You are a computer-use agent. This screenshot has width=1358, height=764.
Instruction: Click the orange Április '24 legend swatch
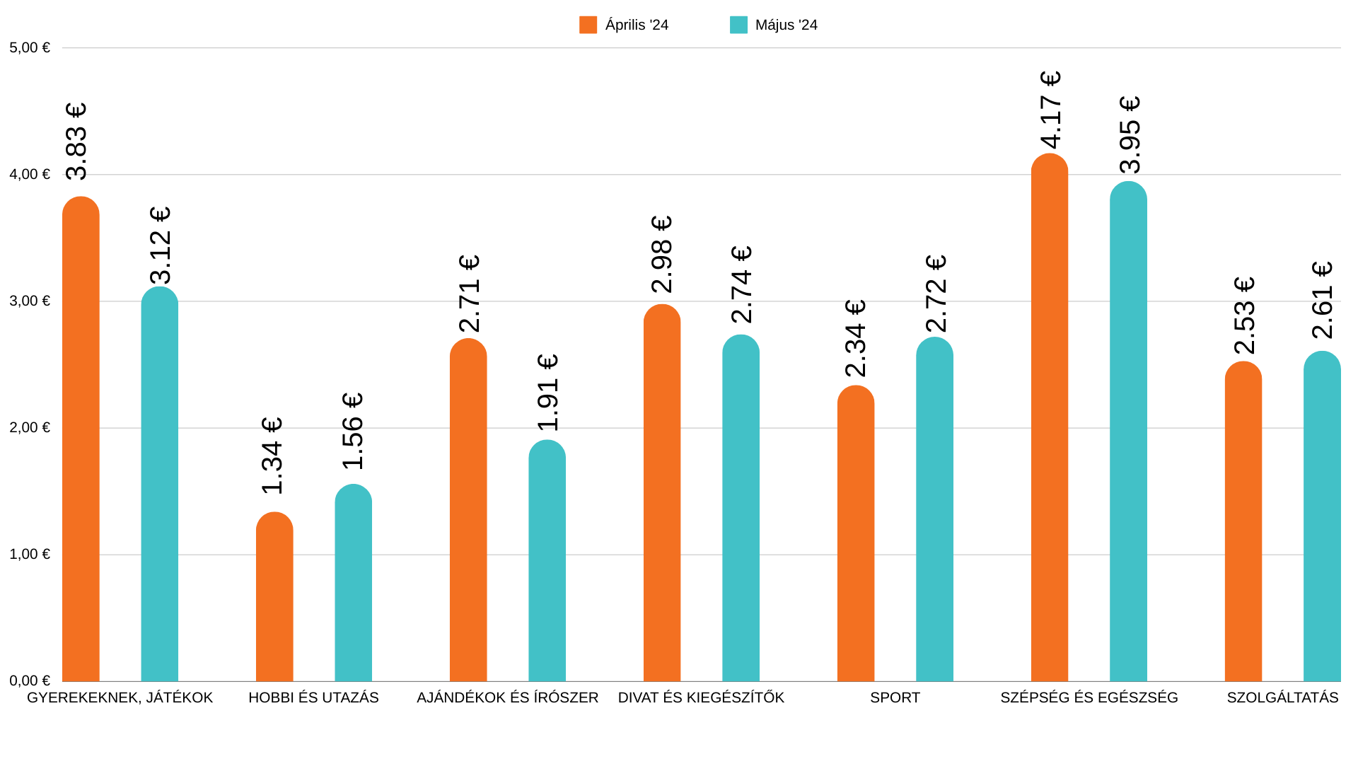click(x=588, y=25)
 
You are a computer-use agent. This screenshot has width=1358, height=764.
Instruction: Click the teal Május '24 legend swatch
click(x=738, y=25)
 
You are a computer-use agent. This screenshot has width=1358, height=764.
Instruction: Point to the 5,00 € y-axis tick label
click(x=30, y=47)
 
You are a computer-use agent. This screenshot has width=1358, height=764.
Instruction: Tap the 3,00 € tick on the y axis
click(x=30, y=301)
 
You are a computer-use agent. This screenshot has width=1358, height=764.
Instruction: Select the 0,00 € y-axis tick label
click(x=30, y=681)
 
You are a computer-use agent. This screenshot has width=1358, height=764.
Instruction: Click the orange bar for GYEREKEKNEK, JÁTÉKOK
click(x=81, y=439)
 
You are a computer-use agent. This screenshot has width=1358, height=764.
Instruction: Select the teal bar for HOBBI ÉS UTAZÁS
click(x=353, y=584)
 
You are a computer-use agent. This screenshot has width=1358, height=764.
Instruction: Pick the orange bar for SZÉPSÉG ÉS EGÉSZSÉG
click(x=1049, y=417)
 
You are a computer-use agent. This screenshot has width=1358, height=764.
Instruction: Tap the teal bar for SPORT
click(x=934, y=509)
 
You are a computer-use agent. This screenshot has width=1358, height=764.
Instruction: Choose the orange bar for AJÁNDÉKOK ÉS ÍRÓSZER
click(x=468, y=509)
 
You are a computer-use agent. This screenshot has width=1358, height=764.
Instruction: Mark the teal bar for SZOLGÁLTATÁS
click(x=1322, y=516)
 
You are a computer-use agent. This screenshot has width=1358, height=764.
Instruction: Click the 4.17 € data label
click(x=1051, y=110)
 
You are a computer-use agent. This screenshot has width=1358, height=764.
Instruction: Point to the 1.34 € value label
click(x=272, y=456)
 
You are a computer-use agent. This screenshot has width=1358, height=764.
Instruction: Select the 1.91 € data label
click(x=548, y=393)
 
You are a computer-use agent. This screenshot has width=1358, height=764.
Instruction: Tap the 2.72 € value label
click(x=936, y=294)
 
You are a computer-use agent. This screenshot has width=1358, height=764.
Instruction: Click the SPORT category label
click(x=895, y=698)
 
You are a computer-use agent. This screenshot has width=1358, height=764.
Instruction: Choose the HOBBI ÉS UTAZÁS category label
click(x=313, y=698)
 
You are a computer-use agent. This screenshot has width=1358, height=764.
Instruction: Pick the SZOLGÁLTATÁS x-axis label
click(x=1282, y=698)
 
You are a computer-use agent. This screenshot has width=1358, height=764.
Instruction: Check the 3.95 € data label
click(x=1130, y=135)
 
